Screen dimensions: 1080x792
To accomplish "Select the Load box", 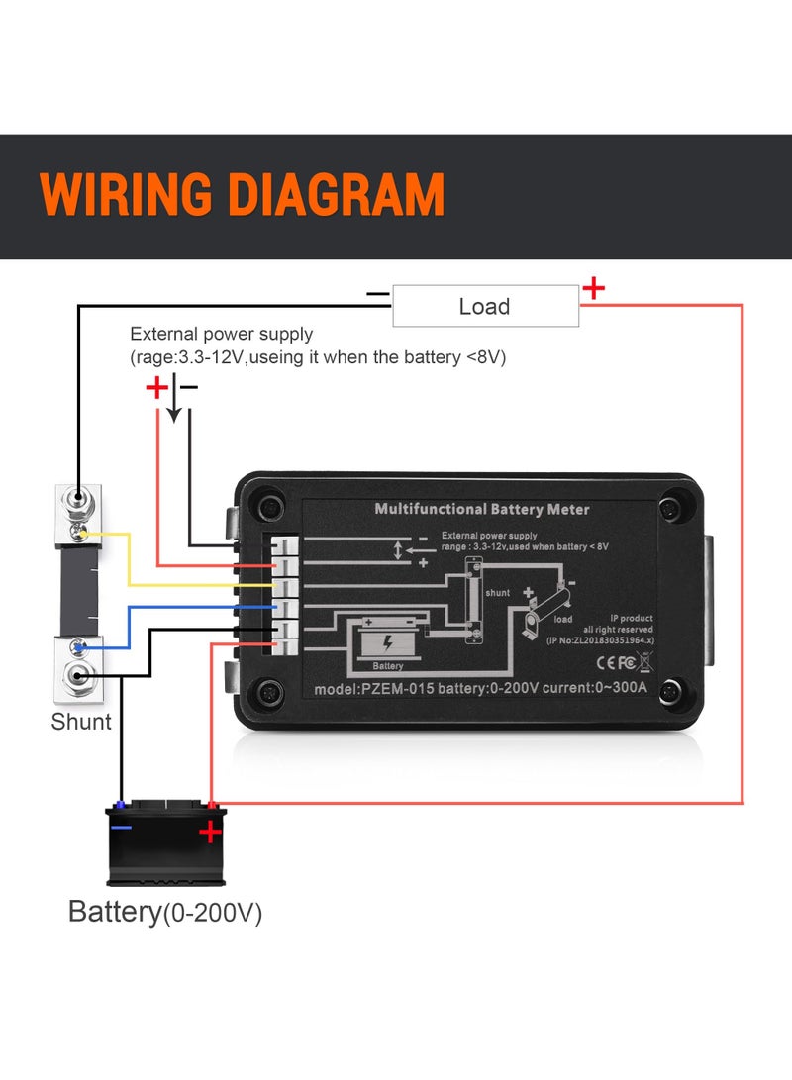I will [485, 306].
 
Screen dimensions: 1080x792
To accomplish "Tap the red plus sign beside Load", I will [593, 289].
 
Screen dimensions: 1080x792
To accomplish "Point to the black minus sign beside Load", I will [377, 294].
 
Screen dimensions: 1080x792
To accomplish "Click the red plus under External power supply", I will [157, 388].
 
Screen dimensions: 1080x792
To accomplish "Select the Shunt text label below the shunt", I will [81, 722].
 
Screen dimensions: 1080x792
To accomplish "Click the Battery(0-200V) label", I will [164, 912].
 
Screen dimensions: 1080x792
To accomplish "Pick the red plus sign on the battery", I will [210, 832].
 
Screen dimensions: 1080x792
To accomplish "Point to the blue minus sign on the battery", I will [121, 826].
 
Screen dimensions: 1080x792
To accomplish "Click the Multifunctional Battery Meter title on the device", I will [481, 509].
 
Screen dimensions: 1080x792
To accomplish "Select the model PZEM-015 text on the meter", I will [373, 689].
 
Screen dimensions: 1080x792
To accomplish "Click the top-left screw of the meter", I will [268, 509].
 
